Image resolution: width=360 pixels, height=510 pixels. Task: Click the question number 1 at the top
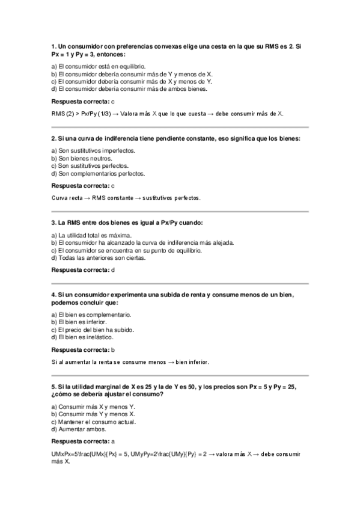tap(54, 46)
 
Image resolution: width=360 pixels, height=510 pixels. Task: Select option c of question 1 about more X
tap(131, 82)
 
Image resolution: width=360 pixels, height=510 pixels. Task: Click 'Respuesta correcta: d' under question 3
tap(83, 270)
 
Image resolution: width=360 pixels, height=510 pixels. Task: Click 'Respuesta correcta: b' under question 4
tap(83, 349)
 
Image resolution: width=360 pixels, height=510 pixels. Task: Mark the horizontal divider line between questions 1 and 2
tap(180, 127)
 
